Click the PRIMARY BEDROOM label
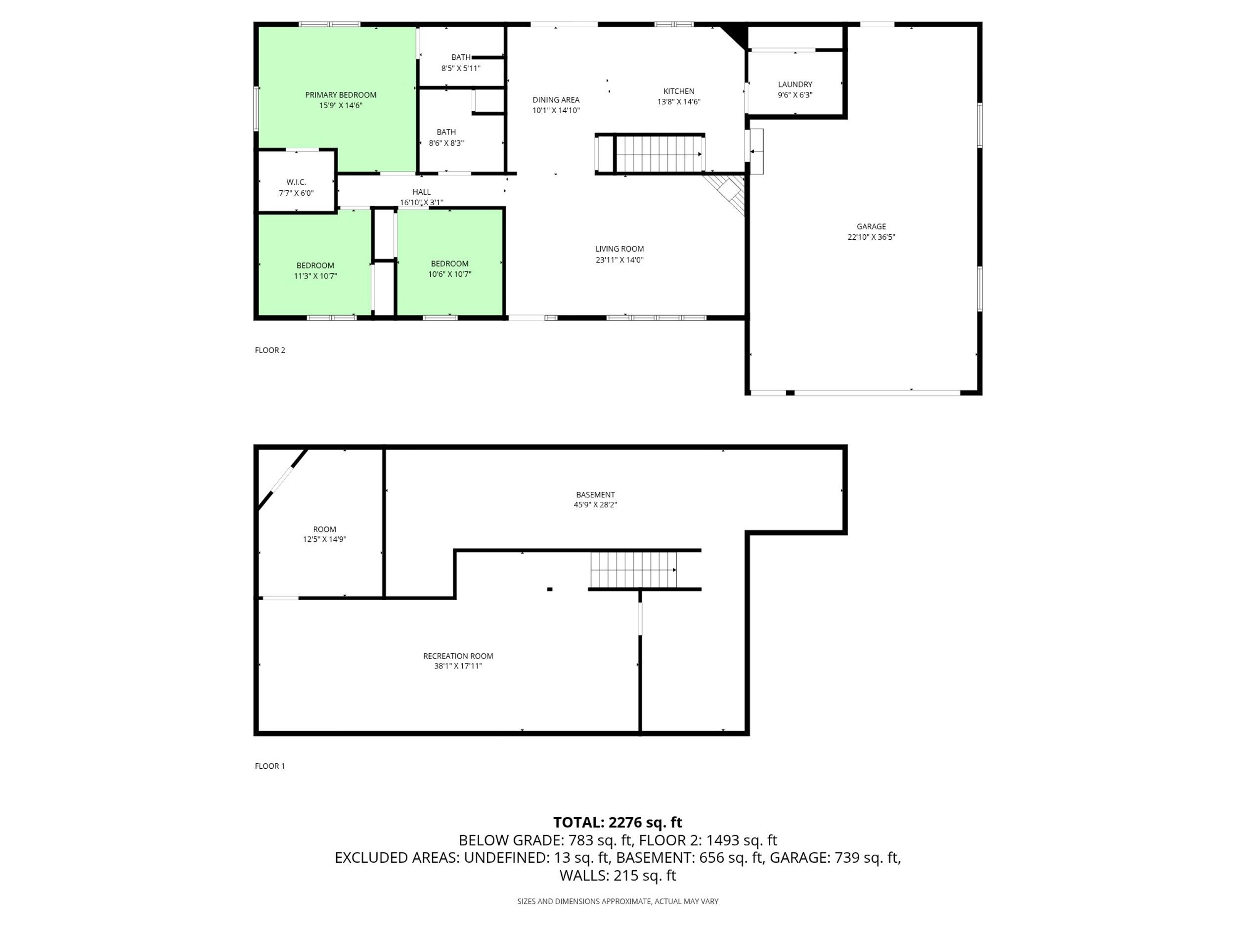point(340,95)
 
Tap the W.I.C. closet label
point(296,182)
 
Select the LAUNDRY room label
point(795,85)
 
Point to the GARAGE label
point(871,226)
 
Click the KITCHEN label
point(679,91)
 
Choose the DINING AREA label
point(556,100)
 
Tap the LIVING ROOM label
point(619,249)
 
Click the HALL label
point(422,192)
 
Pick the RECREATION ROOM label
point(458,656)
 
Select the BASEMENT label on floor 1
point(596,494)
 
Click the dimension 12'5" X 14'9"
point(325,540)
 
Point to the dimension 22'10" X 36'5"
point(871,237)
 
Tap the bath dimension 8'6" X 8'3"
point(446,143)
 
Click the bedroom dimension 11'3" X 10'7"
point(316,276)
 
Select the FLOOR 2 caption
point(270,351)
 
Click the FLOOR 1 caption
point(270,766)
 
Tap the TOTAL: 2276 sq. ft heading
point(618,823)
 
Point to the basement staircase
point(634,570)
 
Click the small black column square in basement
point(550,589)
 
